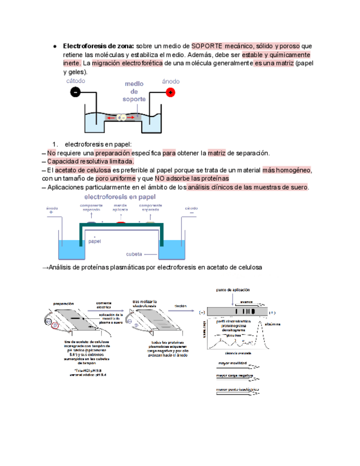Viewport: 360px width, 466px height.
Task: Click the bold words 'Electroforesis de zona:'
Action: click(99, 46)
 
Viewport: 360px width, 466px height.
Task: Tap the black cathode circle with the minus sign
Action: click(75, 92)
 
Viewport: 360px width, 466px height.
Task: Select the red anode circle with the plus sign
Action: click(171, 92)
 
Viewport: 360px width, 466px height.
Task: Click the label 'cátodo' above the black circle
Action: click(76, 81)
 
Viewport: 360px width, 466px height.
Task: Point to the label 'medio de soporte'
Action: click(134, 92)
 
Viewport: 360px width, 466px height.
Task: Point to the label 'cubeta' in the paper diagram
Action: click(135, 254)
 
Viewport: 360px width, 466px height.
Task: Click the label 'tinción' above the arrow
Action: click(180, 306)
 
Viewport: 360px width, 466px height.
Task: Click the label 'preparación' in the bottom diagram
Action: click(64, 303)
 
